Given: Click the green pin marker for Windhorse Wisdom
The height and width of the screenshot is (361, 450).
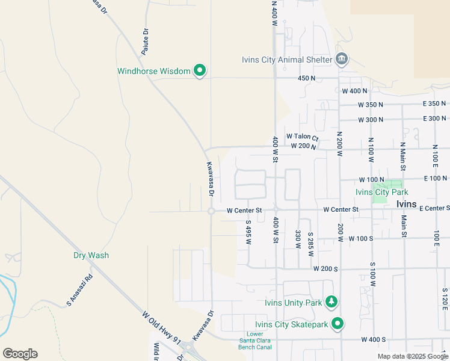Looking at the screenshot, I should (x=200, y=71).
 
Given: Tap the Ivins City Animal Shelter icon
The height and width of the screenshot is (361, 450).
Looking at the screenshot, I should (x=342, y=59).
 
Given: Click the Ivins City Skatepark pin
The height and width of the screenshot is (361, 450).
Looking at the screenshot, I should (x=337, y=324).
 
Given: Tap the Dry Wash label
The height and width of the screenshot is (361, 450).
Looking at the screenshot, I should (x=91, y=255).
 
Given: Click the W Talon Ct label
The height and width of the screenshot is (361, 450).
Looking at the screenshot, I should (x=302, y=137).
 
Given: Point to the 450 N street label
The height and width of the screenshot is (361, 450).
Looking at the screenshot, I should (x=306, y=78).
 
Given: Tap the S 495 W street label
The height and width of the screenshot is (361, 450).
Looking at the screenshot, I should (x=247, y=232).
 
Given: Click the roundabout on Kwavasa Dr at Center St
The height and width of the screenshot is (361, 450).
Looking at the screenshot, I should (x=211, y=211).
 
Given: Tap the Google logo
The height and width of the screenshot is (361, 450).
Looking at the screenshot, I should (x=20, y=354).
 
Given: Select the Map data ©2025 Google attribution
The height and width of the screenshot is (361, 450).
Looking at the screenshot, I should (x=412, y=356).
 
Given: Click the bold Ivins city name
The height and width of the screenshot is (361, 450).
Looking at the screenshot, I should (x=411, y=204).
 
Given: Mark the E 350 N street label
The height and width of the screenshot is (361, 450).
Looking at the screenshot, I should (x=435, y=104).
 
